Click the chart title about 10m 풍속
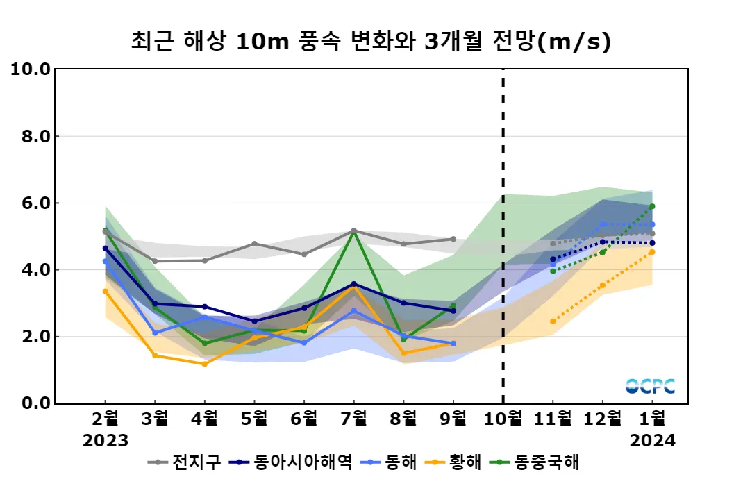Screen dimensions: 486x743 tap(371, 42)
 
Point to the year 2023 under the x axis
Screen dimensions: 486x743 tap(106, 440)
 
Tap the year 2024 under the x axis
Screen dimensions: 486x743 tap(652, 440)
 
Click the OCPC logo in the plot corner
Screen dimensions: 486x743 tap(650, 386)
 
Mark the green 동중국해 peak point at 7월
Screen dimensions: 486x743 tap(354, 231)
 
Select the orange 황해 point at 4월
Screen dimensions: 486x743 tap(205, 364)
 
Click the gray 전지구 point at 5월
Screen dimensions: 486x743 tap(254, 244)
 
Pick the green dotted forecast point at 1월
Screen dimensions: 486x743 tap(652, 206)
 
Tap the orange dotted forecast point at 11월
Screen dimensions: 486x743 tap(553, 321)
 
